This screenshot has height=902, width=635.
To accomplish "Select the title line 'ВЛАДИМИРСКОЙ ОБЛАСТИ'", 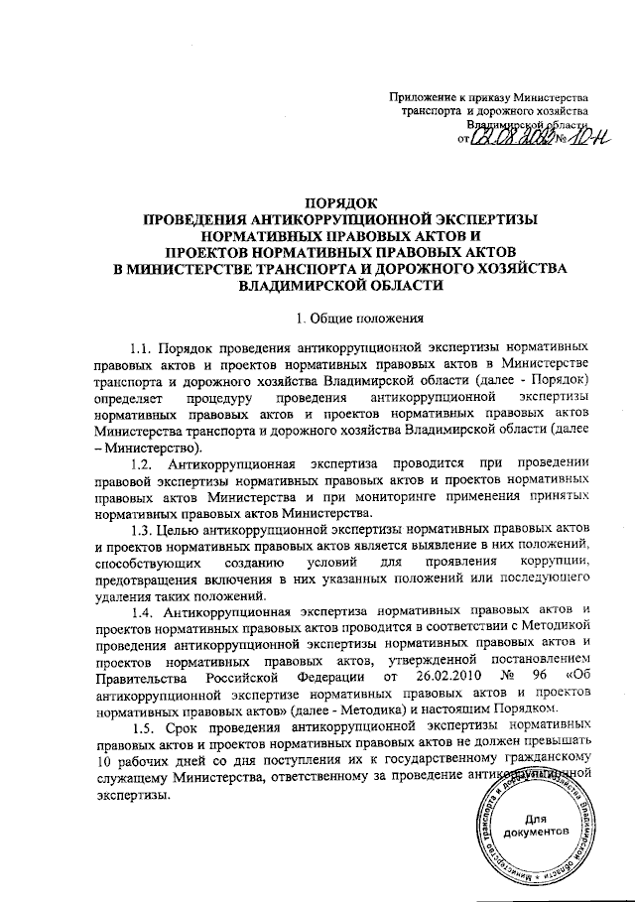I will pos(340,285).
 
